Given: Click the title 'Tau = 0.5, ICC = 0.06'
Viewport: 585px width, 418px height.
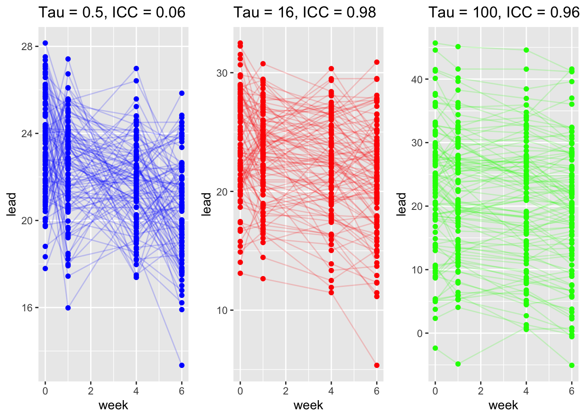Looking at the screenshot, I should coord(112,12).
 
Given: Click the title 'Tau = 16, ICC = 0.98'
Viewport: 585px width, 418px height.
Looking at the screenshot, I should coord(305,12).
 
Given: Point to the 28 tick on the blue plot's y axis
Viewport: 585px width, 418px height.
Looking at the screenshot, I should coord(27,47).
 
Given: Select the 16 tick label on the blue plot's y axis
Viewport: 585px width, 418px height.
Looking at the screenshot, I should coord(27,308).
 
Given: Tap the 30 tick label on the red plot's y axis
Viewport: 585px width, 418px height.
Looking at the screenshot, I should coord(222,73).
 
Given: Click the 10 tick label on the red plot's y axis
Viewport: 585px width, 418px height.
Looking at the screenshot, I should coord(222,310).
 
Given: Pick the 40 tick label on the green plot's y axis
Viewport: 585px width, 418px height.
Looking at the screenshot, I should coord(417,79).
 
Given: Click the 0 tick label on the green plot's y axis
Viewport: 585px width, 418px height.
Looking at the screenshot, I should coord(420,334).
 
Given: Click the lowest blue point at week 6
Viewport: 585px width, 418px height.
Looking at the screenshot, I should coord(182,365).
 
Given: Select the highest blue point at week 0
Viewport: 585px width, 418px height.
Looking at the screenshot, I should coord(45,43).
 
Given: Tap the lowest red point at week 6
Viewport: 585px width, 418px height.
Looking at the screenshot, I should coord(377,365).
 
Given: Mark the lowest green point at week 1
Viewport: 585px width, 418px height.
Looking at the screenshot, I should coord(458,364).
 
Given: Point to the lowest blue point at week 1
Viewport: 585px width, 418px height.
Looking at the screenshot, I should coord(68,308).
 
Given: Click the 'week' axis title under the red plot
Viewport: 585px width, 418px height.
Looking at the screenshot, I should coord(308,405).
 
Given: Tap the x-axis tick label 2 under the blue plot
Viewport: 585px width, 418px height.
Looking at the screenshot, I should coord(91,391).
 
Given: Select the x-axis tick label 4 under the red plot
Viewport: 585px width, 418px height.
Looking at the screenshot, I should coord(331,391).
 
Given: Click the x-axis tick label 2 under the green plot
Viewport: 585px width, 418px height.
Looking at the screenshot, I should coord(481,391).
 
